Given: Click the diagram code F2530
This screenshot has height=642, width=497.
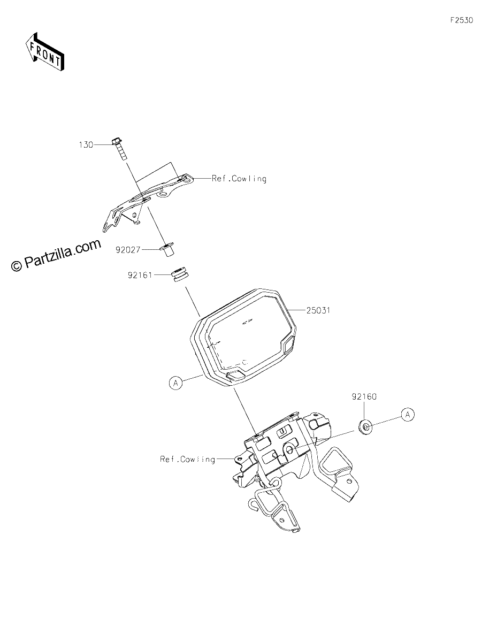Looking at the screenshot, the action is coord(462,20).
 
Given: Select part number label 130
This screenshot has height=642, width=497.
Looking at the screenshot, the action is coord(86,145).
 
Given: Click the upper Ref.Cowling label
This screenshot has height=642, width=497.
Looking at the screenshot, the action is coord(239,179).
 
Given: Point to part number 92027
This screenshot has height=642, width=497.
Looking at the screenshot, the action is coord(128,250).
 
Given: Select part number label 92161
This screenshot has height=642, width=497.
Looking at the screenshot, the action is coord(140,275).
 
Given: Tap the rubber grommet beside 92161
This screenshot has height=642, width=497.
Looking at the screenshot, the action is coord(180,275).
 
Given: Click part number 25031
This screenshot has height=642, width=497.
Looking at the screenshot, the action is coord(318,310).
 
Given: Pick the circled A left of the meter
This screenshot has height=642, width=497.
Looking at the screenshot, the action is coord(175,383).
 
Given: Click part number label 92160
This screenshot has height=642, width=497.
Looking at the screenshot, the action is coord(364,396).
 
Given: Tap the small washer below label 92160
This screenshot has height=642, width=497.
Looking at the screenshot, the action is coord(365,427).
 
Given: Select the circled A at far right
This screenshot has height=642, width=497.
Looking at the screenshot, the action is coord(408,415).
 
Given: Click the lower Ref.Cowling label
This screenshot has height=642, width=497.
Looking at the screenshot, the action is coord(188,459).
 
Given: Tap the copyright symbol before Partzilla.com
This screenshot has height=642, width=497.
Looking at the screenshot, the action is coord(17,266).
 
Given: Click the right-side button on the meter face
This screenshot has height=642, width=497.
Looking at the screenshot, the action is coord(288,345).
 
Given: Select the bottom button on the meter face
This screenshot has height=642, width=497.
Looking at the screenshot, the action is coord(235,375).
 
